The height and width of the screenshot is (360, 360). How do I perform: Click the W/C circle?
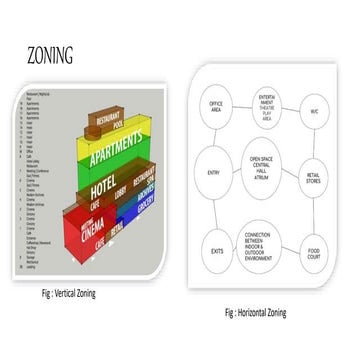[316, 108]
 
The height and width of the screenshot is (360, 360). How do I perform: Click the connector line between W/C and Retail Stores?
[317, 142]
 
